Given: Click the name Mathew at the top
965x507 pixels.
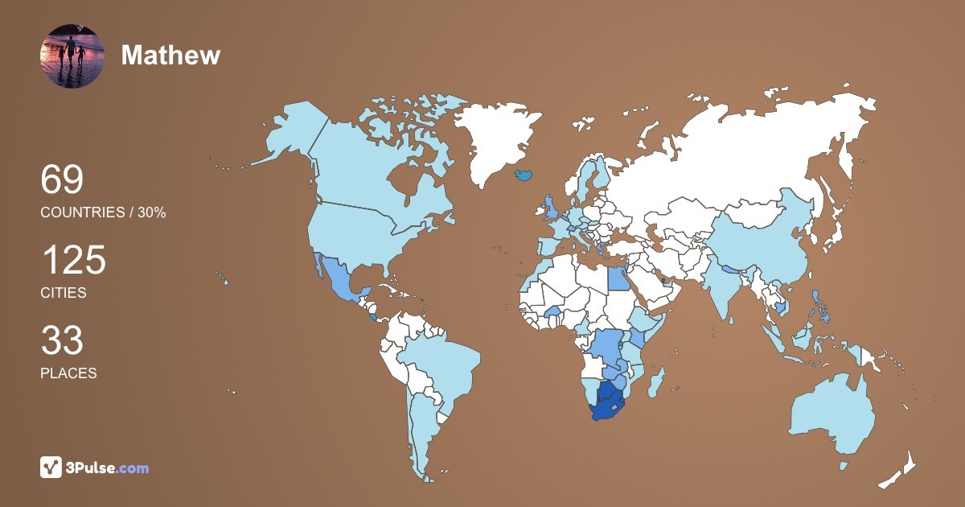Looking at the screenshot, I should [x=170, y=55].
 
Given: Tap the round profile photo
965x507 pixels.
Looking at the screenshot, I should [x=72, y=56].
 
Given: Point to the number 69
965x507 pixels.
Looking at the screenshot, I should [x=62, y=179].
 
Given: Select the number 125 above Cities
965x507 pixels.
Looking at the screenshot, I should [x=73, y=261].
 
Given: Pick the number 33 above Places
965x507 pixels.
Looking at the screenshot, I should [x=62, y=341].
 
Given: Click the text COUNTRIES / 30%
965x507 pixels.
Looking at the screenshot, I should [x=103, y=212].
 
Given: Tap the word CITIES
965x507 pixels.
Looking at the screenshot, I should [x=64, y=293].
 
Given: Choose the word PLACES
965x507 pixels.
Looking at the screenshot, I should [x=68, y=373].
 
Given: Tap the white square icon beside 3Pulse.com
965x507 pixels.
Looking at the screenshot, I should [x=51, y=467].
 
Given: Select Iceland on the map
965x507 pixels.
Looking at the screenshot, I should [x=524, y=173].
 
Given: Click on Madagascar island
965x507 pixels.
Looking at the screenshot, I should [x=656, y=381].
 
